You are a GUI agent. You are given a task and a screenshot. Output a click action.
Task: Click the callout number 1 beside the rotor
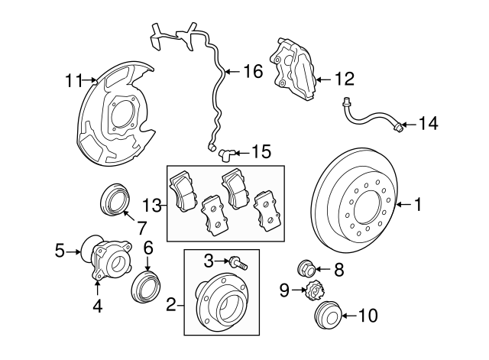coord(418,203)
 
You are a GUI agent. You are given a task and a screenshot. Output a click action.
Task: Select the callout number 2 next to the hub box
coord(171,306)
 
